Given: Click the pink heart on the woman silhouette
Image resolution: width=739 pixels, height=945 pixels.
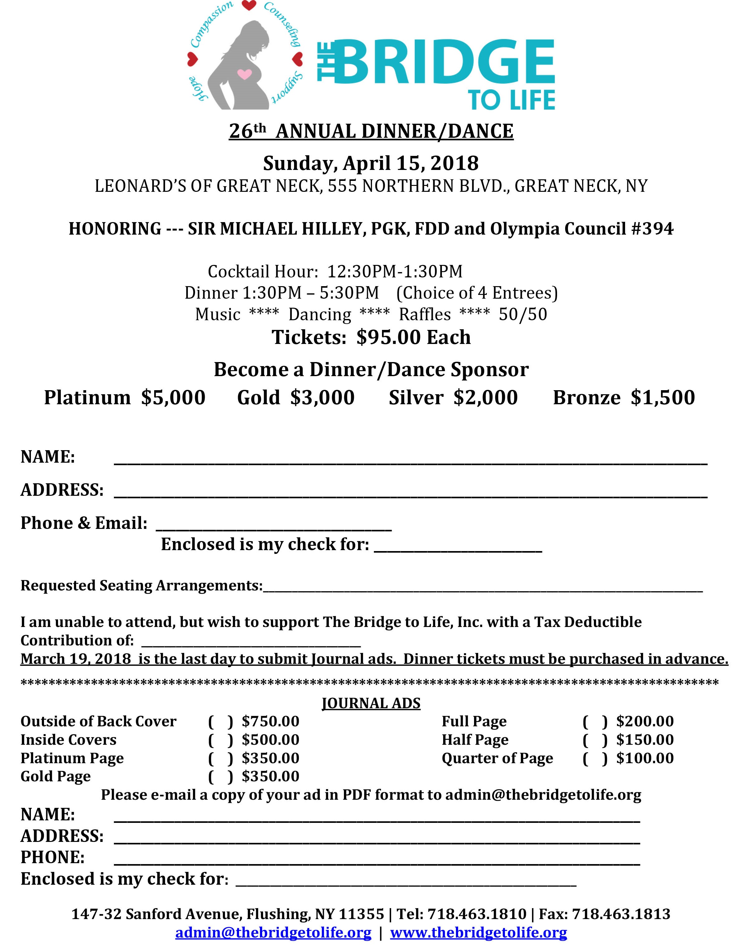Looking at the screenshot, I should pyautogui.click(x=244, y=74).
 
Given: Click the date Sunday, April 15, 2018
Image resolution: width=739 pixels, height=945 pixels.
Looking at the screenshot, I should pyautogui.click(x=371, y=163).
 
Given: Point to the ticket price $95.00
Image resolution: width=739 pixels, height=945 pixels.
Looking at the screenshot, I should pyautogui.click(x=389, y=337).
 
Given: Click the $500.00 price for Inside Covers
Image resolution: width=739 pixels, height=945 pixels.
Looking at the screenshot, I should pyautogui.click(x=271, y=740).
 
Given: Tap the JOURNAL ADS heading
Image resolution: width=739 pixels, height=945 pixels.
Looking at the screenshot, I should pyautogui.click(x=371, y=703).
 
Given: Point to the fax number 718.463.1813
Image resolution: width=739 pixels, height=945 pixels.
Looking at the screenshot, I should pyautogui.click(x=621, y=914).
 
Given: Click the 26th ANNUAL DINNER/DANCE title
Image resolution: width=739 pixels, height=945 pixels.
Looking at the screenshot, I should pyautogui.click(x=371, y=131).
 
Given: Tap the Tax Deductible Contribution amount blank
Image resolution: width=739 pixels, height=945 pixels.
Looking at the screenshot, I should pyautogui.click(x=251, y=641).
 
